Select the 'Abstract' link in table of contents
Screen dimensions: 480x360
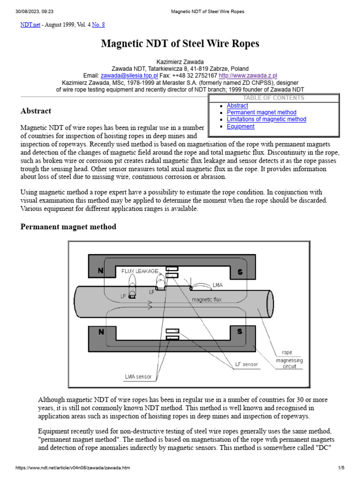pyautogui.click(x=237, y=106)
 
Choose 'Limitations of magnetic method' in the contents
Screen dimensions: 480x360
pyautogui.click(x=266, y=120)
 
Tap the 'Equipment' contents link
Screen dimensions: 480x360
pyautogui.click(x=240, y=127)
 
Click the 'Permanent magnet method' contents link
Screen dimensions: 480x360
pyautogui.click(x=262, y=112)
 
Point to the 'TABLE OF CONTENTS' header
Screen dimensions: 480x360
pyautogui.click(x=274, y=98)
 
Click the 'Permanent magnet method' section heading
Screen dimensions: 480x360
pyautogui.click(x=68, y=227)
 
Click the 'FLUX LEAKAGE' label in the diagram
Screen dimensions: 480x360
pyautogui.click(x=140, y=271)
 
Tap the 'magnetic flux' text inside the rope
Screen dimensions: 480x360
pyautogui.click(x=206, y=299)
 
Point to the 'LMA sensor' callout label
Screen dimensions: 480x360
pyautogui.click(x=138, y=376)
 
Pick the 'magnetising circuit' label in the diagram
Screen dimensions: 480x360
pyautogui.click(x=289, y=364)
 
